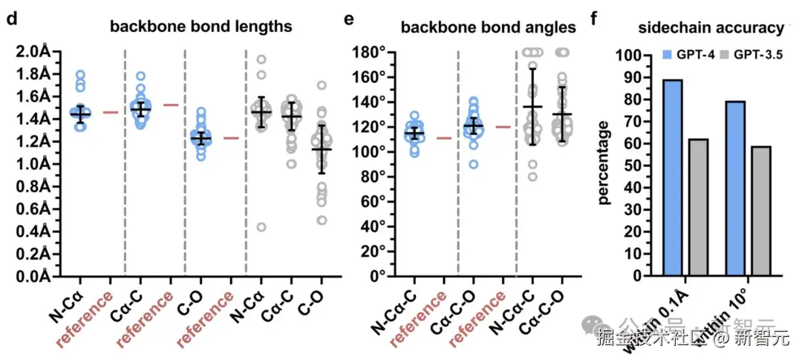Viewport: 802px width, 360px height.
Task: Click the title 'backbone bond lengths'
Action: [x=200, y=27]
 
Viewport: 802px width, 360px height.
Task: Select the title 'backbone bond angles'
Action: [x=488, y=27]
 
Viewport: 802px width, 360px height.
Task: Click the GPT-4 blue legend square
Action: [x=668, y=55]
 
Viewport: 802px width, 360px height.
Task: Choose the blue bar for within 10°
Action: [x=735, y=189]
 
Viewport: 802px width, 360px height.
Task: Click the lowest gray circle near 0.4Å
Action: [x=261, y=227]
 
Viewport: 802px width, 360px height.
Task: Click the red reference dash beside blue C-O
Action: [x=230, y=138]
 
